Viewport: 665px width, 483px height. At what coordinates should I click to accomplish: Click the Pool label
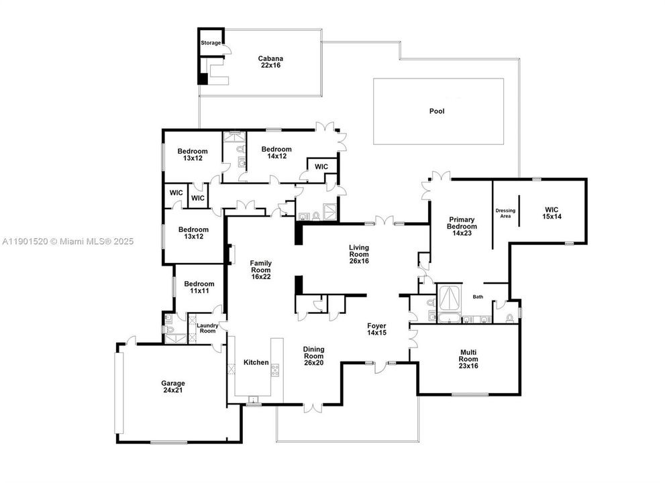[437, 111]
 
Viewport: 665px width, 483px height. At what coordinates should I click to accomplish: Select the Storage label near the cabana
[211, 43]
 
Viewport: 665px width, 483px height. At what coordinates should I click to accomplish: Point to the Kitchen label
[256, 362]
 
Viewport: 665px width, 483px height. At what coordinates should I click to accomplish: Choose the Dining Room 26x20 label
[314, 354]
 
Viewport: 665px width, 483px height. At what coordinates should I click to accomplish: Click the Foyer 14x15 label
[376, 329]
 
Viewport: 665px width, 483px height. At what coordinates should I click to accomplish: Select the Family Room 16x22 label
[260, 269]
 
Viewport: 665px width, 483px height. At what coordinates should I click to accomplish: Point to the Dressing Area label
[505, 213]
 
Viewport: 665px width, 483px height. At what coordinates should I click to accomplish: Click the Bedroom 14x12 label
[276, 152]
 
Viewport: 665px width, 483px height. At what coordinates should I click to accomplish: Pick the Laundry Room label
[206, 328]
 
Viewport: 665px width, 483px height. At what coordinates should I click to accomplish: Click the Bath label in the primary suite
[478, 297]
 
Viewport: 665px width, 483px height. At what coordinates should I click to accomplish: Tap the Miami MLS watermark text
[68, 241]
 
